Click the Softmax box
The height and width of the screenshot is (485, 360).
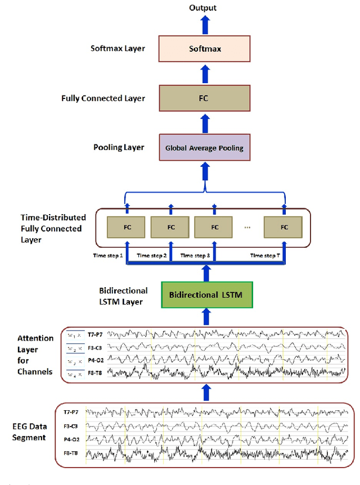204,49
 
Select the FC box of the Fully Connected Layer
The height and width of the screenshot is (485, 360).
204,98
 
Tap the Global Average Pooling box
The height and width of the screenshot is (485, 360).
204,148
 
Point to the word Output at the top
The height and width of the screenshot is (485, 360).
203,8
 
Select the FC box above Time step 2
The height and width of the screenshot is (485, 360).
170,228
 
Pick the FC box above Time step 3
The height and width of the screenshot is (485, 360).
214,228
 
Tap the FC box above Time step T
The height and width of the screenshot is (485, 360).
284,228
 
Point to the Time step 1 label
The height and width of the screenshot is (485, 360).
108,256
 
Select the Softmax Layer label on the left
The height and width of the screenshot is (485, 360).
118,48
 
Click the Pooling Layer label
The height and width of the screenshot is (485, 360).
119,147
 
